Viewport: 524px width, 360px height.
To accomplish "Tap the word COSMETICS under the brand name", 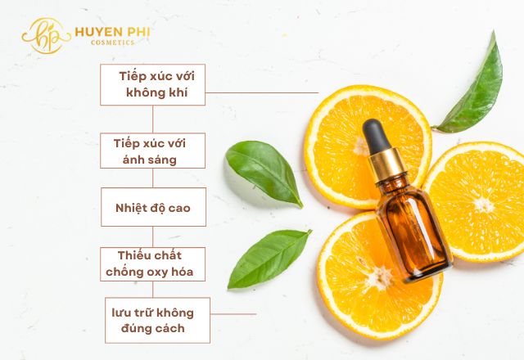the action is (113, 43).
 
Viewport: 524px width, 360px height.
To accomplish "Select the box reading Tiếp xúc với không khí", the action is (153, 85).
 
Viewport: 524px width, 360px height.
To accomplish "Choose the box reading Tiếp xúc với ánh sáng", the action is (153, 151).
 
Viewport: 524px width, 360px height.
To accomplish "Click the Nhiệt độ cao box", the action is (153, 207).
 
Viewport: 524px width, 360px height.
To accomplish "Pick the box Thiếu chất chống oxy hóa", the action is (153, 264).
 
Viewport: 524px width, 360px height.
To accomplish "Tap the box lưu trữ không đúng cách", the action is (157, 320).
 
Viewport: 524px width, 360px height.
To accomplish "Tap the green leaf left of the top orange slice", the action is (264, 173).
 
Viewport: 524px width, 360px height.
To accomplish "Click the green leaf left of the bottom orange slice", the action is (269, 259).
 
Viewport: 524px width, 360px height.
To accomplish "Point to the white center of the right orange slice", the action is (483, 205).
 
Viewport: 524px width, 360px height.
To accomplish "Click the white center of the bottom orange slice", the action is (380, 277).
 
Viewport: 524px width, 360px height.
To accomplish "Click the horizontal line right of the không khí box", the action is (262, 92).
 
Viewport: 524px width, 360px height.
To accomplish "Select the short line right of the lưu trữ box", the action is (233, 314).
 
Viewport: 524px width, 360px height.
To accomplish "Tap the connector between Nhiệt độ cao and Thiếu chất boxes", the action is (153, 236).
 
